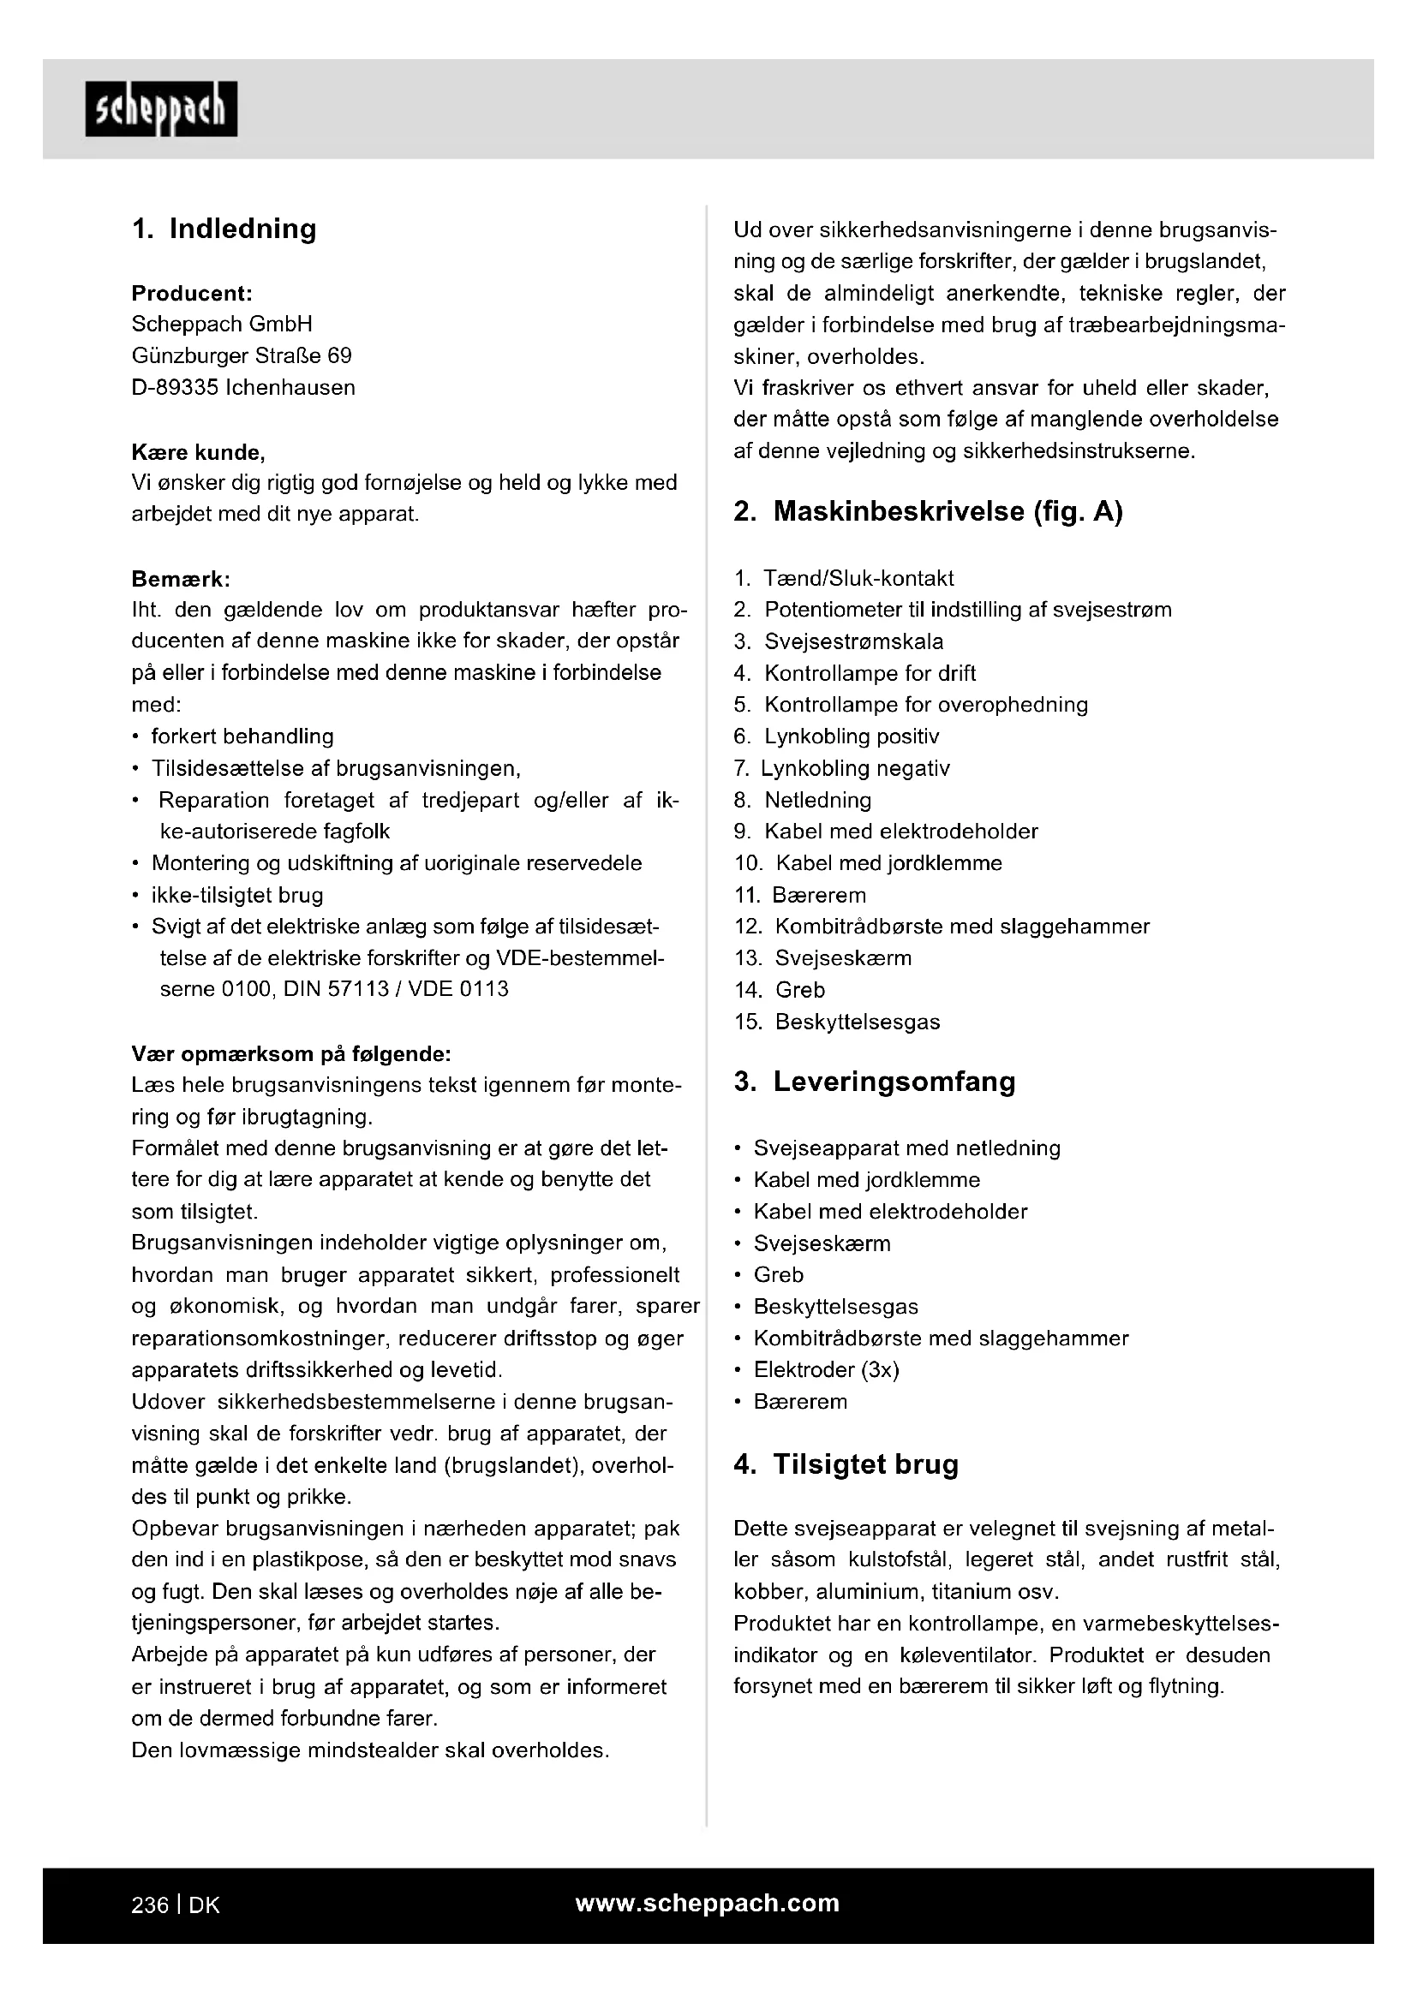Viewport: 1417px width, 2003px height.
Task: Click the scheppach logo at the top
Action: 160,109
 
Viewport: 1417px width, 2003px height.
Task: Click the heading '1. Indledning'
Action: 224,229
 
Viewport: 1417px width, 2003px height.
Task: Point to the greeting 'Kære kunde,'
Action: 198,452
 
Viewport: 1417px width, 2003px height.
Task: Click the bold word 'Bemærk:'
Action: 181,578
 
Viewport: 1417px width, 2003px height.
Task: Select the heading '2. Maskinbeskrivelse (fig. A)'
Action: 928,511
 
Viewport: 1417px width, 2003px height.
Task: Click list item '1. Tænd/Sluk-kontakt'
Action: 844,578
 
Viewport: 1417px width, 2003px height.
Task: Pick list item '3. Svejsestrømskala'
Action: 839,642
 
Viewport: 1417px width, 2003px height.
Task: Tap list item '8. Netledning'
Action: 803,800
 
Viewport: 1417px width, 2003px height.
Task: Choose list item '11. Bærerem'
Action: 800,895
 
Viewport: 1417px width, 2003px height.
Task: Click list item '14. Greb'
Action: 779,990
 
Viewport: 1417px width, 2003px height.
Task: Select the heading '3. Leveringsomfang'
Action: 875,1082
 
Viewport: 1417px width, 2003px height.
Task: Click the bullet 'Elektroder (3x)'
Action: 825,1369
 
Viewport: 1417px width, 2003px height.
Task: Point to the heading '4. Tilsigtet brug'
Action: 846,1464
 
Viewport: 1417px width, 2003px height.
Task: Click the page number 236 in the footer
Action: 149,1905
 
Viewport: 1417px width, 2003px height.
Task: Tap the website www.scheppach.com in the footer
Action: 707,1903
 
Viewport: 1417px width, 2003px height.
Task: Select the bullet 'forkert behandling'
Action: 242,736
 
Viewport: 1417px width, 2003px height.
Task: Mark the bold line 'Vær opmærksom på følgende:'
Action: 290,1054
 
